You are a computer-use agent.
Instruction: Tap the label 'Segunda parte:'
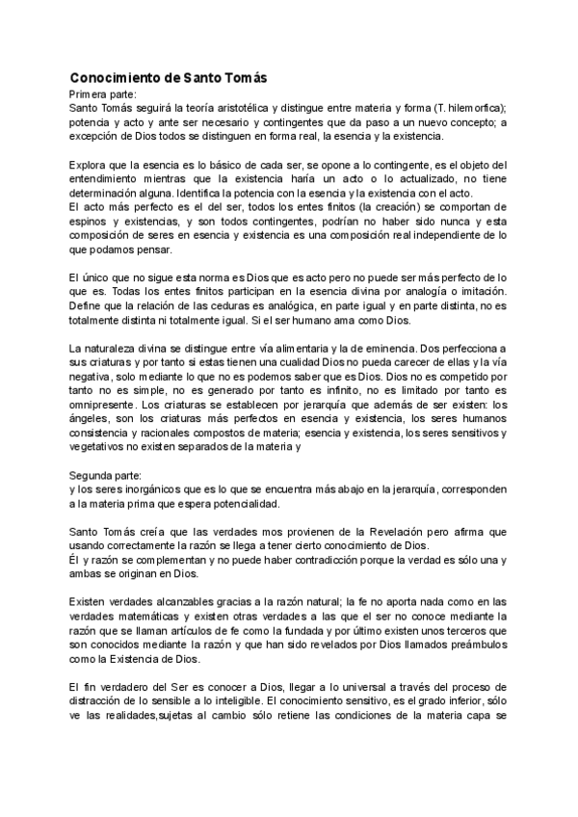click(x=105, y=476)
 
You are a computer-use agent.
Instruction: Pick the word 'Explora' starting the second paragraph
click(x=90, y=166)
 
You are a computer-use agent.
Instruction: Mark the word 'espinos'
click(x=90, y=222)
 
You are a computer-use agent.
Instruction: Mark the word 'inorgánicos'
click(x=147, y=489)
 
